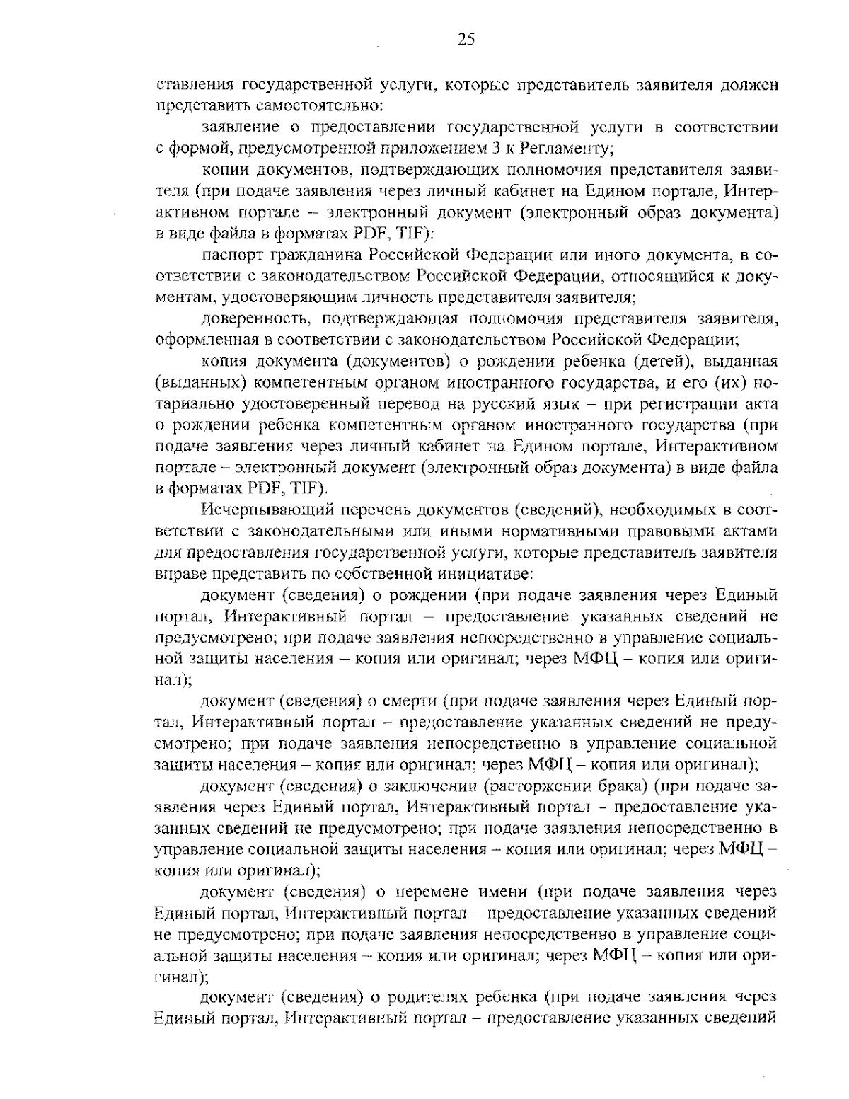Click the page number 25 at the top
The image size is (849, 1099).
[466, 40]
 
